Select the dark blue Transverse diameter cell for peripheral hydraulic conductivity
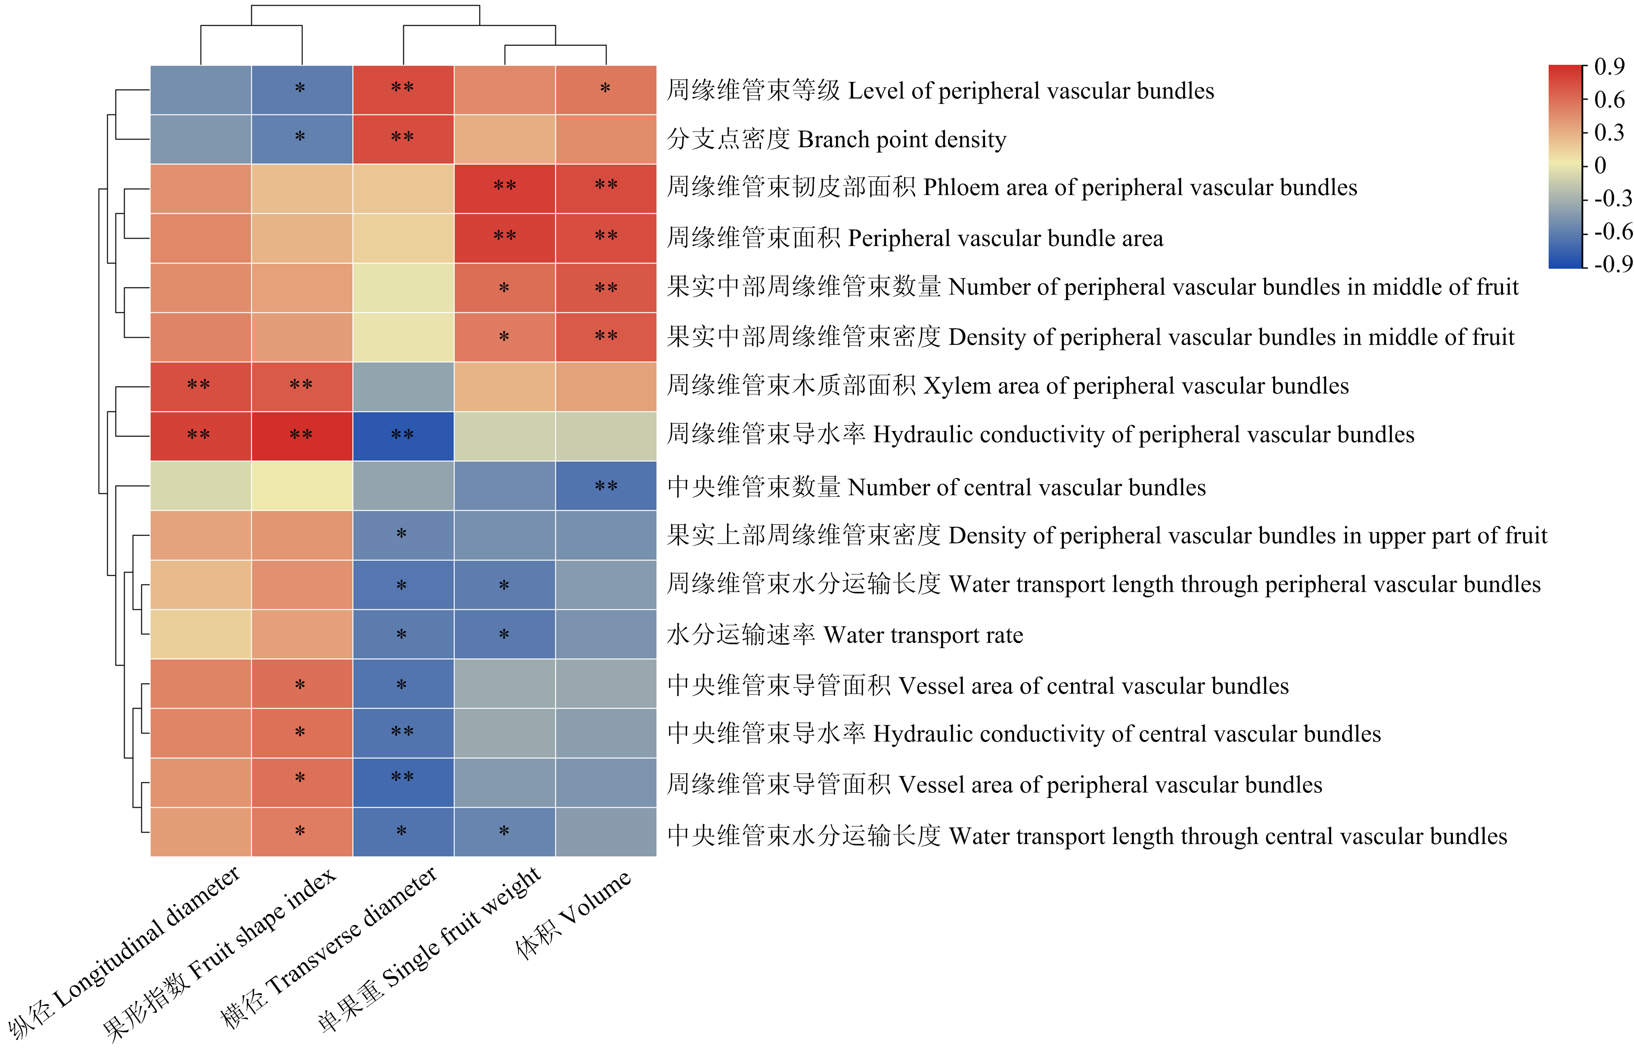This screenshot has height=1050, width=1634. coord(403,436)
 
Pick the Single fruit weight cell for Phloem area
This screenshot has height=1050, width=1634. coord(504,188)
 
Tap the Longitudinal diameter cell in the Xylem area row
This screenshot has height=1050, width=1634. coord(200,386)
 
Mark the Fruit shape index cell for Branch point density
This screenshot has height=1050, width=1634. coord(301,139)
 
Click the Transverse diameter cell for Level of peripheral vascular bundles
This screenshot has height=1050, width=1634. coord(403,89)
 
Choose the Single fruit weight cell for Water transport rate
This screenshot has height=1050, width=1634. coord(504,634)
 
